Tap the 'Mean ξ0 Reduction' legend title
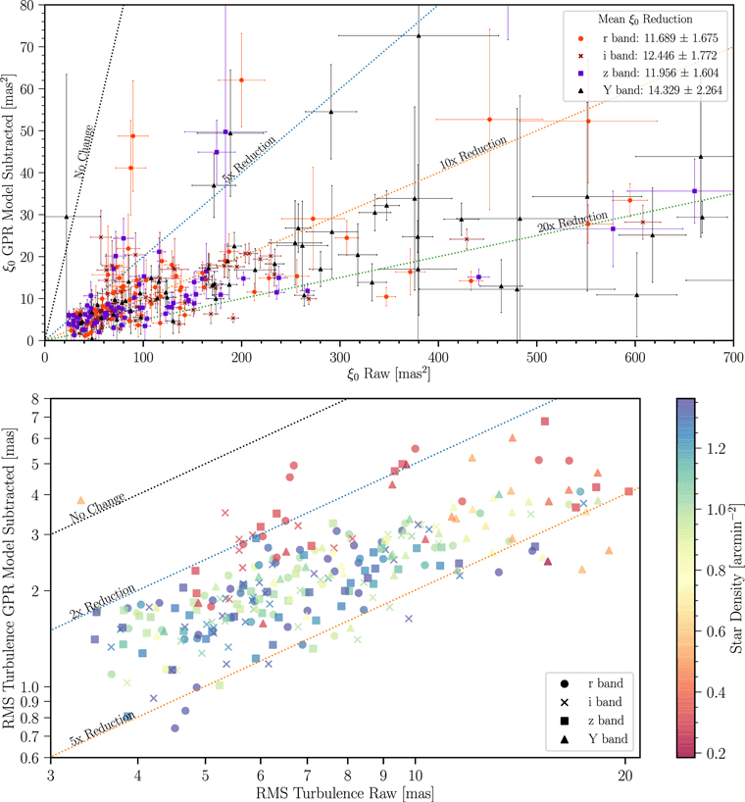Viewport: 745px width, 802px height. tap(642, 21)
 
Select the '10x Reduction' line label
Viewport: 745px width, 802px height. tap(473, 153)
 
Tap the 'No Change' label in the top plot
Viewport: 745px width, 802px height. tap(84, 150)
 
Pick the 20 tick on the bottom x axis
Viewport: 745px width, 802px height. tap(624, 771)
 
